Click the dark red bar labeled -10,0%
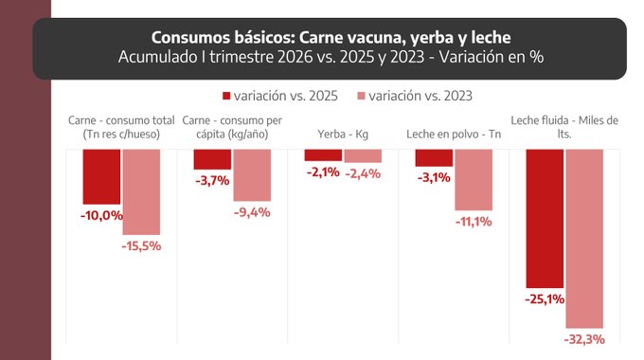[101, 177]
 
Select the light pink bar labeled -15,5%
[141, 192]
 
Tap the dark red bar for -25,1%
[545, 219]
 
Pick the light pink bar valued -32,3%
[584, 239]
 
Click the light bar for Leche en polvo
[474, 180]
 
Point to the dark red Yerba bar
[323, 155]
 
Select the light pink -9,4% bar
[252, 175]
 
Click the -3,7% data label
[212, 180]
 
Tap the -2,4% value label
[363, 173]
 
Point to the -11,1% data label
[474, 222]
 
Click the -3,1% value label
[434, 177]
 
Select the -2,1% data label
[323, 171]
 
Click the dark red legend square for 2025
[226, 96]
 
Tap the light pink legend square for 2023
[361, 96]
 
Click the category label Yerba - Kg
[343, 134]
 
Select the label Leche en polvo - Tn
[454, 134]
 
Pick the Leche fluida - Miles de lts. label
[564, 127]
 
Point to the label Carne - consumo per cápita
[232, 127]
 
